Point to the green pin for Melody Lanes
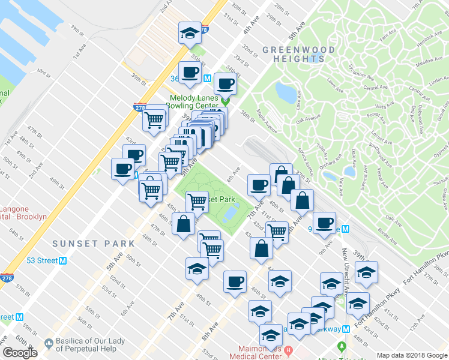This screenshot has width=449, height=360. click(226, 101)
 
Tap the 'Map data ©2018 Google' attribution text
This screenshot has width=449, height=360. click(411, 355)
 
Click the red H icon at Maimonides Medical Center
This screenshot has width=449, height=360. click(289, 350)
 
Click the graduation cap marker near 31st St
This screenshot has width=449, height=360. click(190, 32)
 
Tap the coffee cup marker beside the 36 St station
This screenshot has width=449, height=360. click(190, 73)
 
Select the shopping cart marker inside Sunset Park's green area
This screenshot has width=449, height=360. click(197, 202)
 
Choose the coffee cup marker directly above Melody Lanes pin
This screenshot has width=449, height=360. click(225, 83)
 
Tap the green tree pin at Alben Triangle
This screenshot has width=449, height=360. click(341, 347)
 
